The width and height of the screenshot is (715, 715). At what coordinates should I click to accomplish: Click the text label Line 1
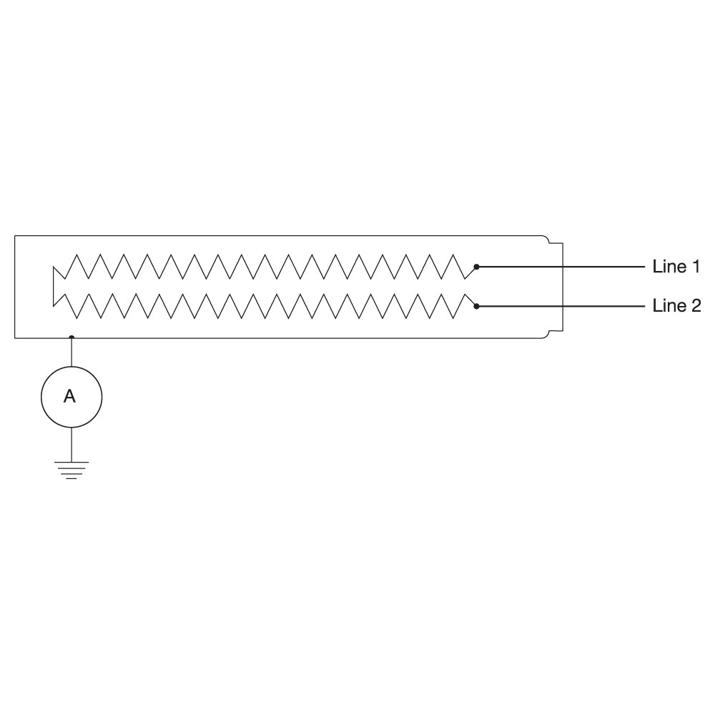[676, 267]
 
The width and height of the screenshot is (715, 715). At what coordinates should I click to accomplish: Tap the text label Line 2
[676, 306]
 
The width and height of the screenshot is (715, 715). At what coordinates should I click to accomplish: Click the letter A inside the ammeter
[69, 396]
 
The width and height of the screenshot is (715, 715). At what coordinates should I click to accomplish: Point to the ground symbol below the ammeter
[71, 470]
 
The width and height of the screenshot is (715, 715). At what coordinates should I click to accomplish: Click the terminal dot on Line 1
[476, 267]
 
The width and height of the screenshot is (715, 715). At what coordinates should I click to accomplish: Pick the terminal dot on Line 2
[476, 307]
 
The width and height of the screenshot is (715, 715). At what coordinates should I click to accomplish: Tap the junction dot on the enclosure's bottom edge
[71, 338]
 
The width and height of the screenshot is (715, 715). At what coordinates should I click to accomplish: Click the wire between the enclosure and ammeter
[71, 352]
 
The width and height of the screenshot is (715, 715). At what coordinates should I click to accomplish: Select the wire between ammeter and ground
[71, 445]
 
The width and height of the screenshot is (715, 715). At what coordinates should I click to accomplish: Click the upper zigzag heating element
[265, 267]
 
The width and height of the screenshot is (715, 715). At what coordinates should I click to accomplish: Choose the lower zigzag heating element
[265, 306]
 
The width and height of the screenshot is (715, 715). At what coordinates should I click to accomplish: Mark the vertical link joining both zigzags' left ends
[54, 287]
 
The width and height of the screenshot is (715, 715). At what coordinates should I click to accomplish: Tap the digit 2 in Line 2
[696, 306]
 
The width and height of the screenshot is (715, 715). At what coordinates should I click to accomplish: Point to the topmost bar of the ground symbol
[71, 463]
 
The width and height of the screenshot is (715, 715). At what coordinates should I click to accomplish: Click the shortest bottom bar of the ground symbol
[71, 479]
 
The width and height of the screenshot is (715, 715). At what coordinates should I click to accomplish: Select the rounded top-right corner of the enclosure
[546, 237]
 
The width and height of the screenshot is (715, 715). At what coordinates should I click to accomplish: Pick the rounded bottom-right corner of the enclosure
[546, 336]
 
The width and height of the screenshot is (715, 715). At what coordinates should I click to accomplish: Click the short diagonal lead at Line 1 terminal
[470, 272]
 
